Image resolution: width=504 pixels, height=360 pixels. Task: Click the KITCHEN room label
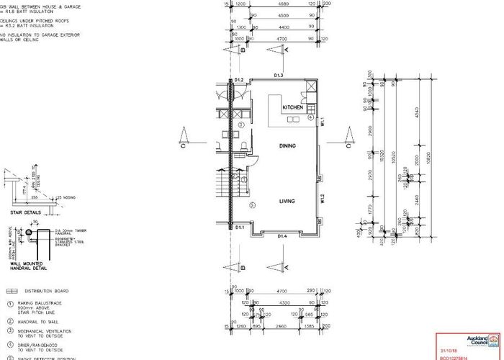pyautogui.click(x=292, y=107)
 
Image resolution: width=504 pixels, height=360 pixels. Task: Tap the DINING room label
pyautogui.click(x=287, y=145)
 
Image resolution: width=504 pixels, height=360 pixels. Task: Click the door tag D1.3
pyautogui.click(x=279, y=76)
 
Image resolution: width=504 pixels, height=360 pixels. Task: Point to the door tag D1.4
pyautogui.click(x=283, y=236)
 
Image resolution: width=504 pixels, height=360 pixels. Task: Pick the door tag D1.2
pyautogui.click(x=240, y=80)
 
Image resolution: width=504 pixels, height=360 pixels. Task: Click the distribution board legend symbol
pyautogui.click(x=11, y=291)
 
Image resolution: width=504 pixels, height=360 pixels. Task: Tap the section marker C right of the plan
pyautogui.click(x=348, y=145)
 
